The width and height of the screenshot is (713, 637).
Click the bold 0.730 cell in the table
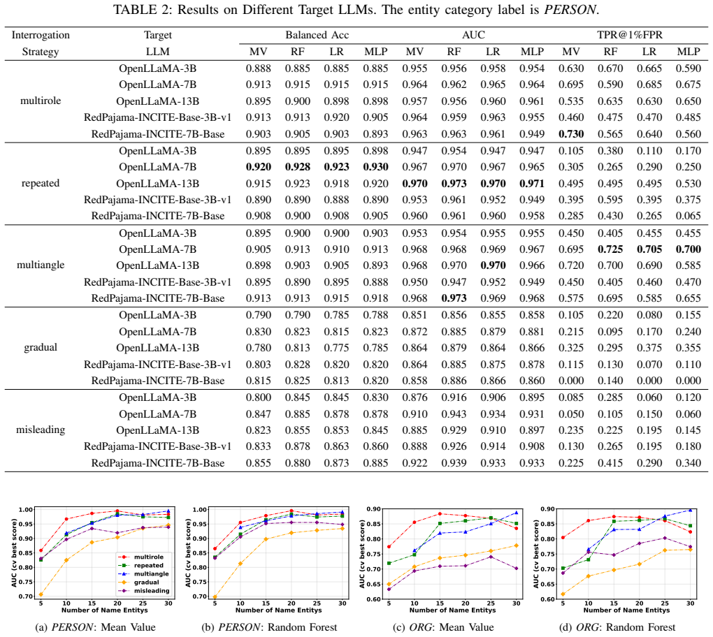[x=571, y=134]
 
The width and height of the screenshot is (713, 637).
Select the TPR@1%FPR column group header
[x=629, y=35]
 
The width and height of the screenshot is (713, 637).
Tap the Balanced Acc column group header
[x=317, y=35]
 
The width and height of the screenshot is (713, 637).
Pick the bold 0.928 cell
[x=297, y=167]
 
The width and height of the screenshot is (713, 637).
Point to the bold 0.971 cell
[x=532, y=184]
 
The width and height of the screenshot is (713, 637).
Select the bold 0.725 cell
[x=610, y=249]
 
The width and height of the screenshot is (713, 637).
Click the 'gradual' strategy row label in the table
[x=41, y=348]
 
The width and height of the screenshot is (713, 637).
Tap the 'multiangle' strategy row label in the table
[x=41, y=265]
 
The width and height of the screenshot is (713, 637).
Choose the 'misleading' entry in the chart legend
[x=152, y=591]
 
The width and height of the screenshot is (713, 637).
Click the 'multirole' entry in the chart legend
[x=149, y=557]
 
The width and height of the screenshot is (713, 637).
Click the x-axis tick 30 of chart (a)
[x=168, y=603]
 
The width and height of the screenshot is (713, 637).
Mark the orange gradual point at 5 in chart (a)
[x=41, y=594]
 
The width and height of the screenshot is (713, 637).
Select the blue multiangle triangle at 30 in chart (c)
[x=516, y=513]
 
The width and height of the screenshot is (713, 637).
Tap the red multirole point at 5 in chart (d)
[x=563, y=538]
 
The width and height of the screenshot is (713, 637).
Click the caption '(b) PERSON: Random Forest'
[x=269, y=627]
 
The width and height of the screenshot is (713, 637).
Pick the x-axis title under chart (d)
[x=626, y=610]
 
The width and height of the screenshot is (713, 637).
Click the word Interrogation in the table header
[x=41, y=35]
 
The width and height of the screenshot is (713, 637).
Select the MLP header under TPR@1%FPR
[x=689, y=52]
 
